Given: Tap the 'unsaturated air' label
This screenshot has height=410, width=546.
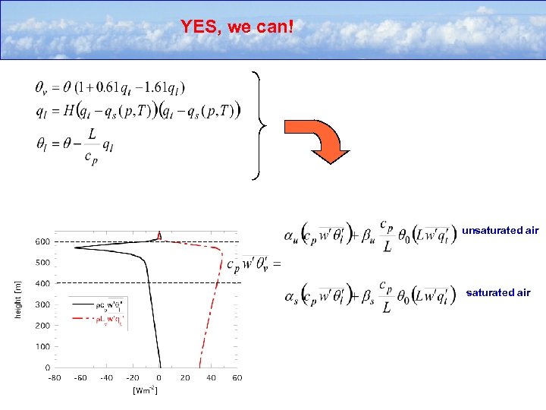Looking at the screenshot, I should [x=500, y=229].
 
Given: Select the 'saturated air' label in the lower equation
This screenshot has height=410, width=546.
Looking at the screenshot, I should [x=498, y=292].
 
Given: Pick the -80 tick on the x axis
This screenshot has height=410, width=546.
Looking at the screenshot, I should [x=55, y=377].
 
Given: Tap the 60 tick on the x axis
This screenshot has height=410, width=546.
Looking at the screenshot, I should [x=237, y=377].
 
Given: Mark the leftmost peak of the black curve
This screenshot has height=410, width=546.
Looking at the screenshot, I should [x=74, y=247].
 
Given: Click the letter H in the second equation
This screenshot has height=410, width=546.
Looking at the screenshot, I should [x=69, y=111].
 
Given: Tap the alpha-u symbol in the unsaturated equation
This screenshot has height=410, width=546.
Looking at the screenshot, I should [x=291, y=233].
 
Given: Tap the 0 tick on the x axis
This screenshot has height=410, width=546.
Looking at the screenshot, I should [x=159, y=377].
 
